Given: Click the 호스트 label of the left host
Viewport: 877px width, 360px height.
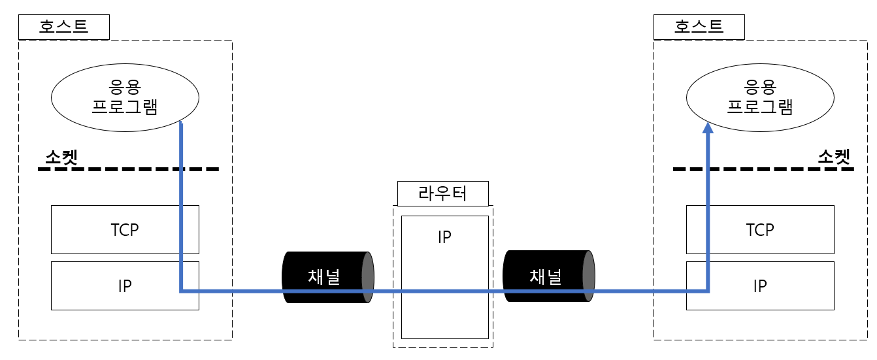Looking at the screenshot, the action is pyautogui.click(x=63, y=27).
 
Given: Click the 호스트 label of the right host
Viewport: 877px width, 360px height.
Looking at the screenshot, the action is pyautogui.click(x=699, y=27).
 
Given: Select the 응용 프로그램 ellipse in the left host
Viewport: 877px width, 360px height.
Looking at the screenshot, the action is pyautogui.click(x=125, y=97).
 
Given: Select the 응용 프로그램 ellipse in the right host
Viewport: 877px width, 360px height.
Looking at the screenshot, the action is pyautogui.click(x=760, y=97).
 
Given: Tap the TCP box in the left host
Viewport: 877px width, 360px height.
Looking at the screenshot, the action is pyautogui.click(x=125, y=229).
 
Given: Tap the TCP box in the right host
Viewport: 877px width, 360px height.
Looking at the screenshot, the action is pyautogui.click(x=760, y=229).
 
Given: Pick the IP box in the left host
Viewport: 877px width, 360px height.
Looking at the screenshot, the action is pyautogui.click(x=125, y=286).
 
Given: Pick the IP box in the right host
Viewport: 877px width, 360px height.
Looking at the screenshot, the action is pyautogui.click(x=760, y=286).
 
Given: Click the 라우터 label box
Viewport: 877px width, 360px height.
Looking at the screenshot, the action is pyautogui.click(x=443, y=193).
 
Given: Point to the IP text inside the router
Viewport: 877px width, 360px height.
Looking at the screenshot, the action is pyautogui.click(x=444, y=237).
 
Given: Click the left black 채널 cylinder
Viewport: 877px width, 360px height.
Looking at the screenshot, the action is pyautogui.click(x=325, y=276).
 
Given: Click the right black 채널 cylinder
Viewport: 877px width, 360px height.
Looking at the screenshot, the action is pyautogui.click(x=546, y=276).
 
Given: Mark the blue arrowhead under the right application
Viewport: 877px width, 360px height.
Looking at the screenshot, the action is pyautogui.click(x=707, y=129).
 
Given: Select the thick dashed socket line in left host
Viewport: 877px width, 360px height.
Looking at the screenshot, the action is pyautogui.click(x=128, y=169).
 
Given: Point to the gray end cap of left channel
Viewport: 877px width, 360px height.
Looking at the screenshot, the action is pyautogui.click(x=367, y=276).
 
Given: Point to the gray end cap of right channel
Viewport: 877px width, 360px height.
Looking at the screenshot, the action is pyautogui.click(x=588, y=276).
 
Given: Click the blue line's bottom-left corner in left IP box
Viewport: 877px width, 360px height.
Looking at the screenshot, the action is pyautogui.click(x=181, y=291).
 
